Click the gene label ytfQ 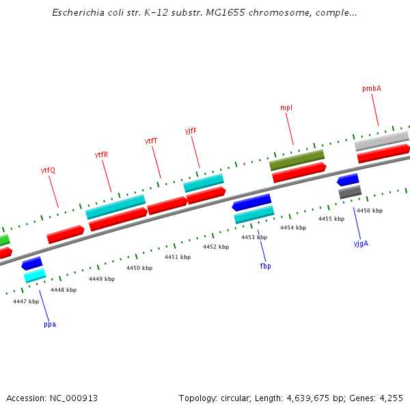48,170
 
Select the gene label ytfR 101,154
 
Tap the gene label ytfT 151,141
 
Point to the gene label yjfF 191,131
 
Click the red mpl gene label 286,107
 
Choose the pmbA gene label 372,88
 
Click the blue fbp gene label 265,266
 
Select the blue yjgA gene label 361,243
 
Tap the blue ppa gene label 50,324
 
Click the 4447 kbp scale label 26,301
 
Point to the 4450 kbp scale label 139,268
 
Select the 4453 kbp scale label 254,237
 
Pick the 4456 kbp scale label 370,210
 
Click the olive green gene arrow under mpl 297,161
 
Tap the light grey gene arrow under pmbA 381,141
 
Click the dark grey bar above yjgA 350,193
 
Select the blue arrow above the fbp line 251,203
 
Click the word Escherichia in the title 77,13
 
